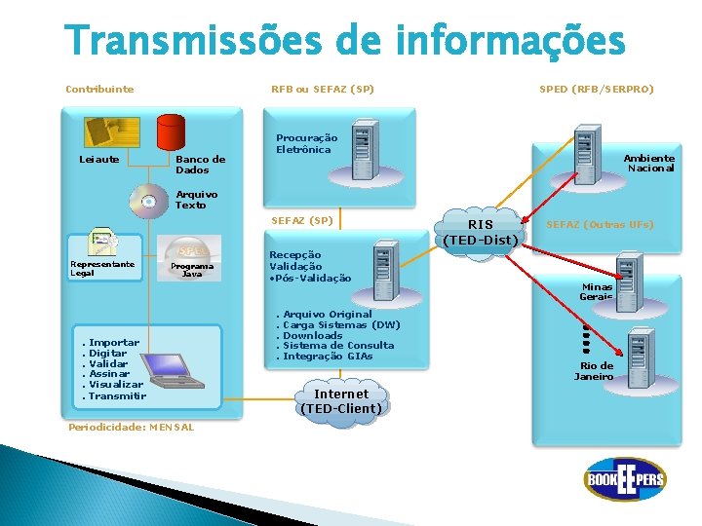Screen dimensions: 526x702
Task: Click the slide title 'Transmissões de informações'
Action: (x=344, y=41)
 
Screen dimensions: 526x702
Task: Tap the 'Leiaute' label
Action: (x=98, y=159)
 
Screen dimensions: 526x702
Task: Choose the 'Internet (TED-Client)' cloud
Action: (x=340, y=400)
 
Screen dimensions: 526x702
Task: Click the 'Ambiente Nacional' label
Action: (x=648, y=163)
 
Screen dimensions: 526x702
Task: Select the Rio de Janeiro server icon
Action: (x=640, y=349)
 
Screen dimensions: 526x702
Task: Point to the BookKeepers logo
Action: (x=624, y=479)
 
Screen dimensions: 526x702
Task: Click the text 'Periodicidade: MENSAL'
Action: (x=116, y=427)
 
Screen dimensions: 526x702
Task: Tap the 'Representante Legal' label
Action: (x=102, y=268)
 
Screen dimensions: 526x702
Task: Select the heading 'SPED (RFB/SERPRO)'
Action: (x=597, y=90)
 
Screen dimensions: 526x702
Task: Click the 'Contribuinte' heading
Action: (x=99, y=90)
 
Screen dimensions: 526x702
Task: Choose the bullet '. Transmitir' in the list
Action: (x=114, y=395)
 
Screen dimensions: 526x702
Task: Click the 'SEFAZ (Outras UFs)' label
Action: (x=599, y=225)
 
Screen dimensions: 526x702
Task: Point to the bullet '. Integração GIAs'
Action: (x=325, y=356)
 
